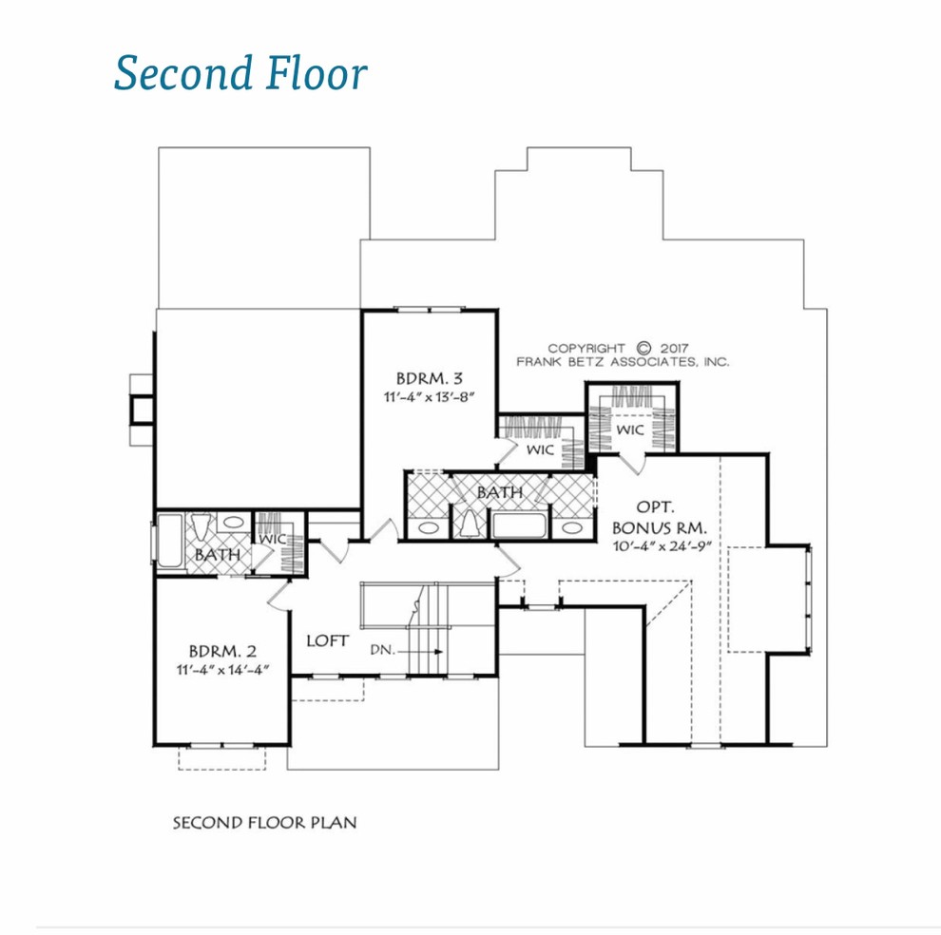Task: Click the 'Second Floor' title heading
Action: pyautogui.click(x=240, y=73)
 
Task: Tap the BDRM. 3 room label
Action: pyautogui.click(x=429, y=379)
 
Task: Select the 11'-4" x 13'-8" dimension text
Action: pyautogui.click(x=429, y=396)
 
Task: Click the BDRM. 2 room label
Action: pyautogui.click(x=222, y=651)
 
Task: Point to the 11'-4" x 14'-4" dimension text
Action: pyautogui.click(x=222, y=670)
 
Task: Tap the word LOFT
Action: pyautogui.click(x=327, y=641)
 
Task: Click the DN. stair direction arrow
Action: pyautogui.click(x=420, y=652)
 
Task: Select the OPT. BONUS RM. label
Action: pyautogui.click(x=659, y=517)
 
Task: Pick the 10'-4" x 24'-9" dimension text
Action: pyautogui.click(x=662, y=546)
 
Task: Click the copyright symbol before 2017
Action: pyautogui.click(x=643, y=348)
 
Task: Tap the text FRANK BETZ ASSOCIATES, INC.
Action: pyautogui.click(x=623, y=362)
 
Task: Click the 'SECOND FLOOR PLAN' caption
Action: pyautogui.click(x=264, y=822)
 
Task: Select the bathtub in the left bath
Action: pyautogui.click(x=170, y=540)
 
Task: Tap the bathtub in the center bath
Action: pyautogui.click(x=519, y=525)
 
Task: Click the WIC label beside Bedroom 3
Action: pyautogui.click(x=540, y=449)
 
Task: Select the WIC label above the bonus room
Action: pyautogui.click(x=629, y=429)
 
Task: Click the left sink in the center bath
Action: pyautogui.click(x=428, y=527)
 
